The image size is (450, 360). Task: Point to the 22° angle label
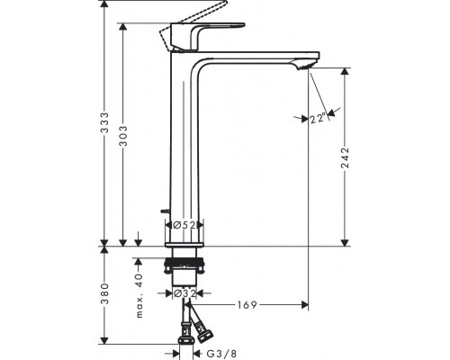317,118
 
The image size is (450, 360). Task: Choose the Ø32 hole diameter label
184,292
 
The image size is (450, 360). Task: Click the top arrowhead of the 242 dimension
345,69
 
